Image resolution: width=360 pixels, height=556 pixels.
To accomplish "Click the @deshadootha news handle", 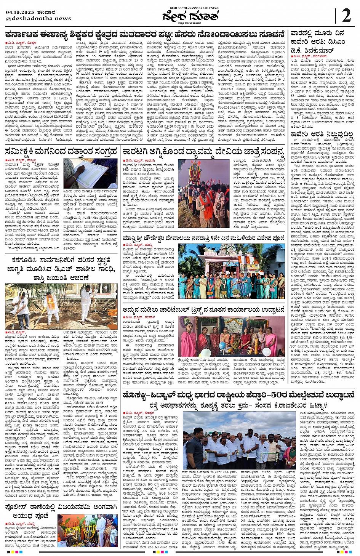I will (x=38, y=18).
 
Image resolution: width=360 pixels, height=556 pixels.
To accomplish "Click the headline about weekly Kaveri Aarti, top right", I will (x=318, y=42).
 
